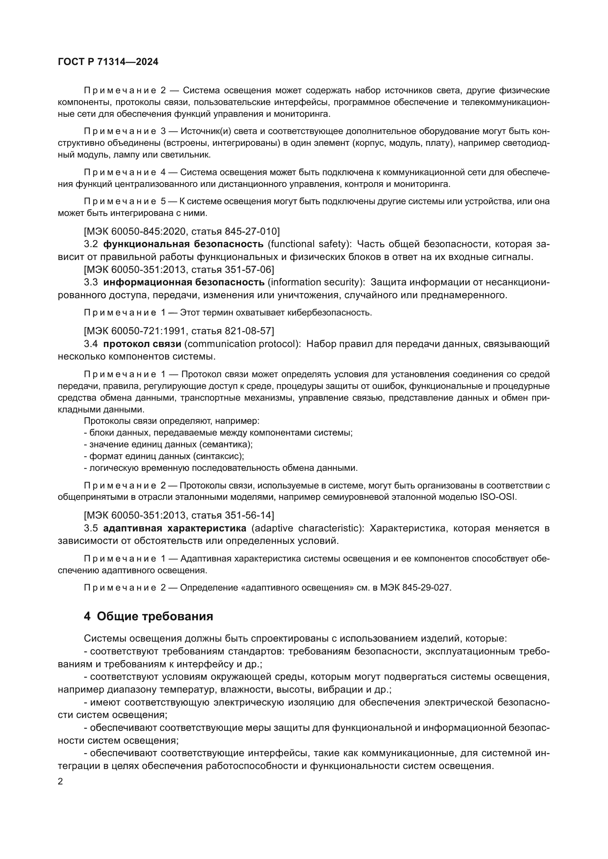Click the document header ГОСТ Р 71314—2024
pos(108,62)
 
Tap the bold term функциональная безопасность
pos(183,244)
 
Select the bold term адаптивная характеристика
pos(175,528)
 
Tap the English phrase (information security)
pos(316,282)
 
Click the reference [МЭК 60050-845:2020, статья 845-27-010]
pos(182,231)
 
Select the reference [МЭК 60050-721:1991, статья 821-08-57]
pos(179,331)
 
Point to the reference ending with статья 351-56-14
pos(179,515)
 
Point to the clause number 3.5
pos(90,528)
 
